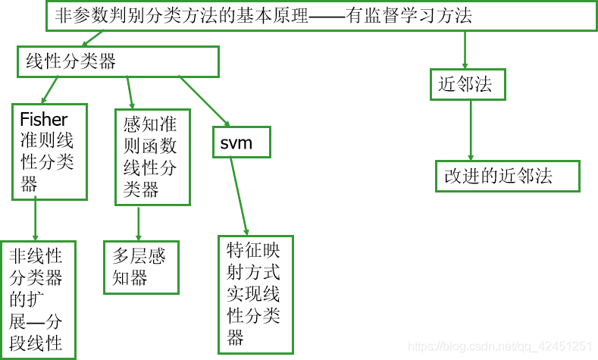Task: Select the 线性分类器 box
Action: point(118,61)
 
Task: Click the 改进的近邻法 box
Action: point(507,176)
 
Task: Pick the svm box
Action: point(242,142)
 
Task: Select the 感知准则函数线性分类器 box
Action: point(152,157)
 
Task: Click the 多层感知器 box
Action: point(141,267)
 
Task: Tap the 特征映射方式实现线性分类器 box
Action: point(255,293)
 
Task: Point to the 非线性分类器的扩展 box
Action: point(39,299)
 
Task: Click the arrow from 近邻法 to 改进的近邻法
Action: point(471,130)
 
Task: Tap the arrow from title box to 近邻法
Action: point(465,49)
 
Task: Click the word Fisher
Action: point(43,119)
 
